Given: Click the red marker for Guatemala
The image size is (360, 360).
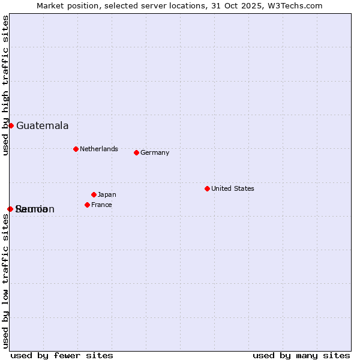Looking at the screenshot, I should pos(11,125).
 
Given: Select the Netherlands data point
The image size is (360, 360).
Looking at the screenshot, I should pos(76,149).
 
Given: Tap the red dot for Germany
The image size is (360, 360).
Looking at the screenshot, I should pos(136,152).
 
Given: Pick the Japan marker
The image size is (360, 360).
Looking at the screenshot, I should pos(94,194).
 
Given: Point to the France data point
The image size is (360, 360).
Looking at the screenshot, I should pos(87,205).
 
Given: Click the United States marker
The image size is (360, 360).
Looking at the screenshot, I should pos(207,188).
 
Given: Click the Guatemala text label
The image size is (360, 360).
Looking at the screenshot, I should pos(42,126).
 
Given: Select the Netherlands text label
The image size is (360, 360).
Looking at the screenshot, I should pos(98,149).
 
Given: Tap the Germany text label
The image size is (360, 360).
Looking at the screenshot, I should pos(155,153).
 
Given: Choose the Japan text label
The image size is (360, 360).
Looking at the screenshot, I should pos(107,195).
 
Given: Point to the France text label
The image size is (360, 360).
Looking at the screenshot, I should pos(101,205).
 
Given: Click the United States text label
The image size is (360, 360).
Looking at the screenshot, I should pos(232,189).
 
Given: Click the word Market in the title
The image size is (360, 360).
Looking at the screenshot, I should pos(49,6).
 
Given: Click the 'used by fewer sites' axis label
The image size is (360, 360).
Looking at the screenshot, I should pos(62,355).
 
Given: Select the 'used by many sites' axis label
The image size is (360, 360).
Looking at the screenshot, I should pos(301,355).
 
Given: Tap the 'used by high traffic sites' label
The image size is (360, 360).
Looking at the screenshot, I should pos(6,85).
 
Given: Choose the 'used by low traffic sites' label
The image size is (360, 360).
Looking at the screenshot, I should pos(6,280).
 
